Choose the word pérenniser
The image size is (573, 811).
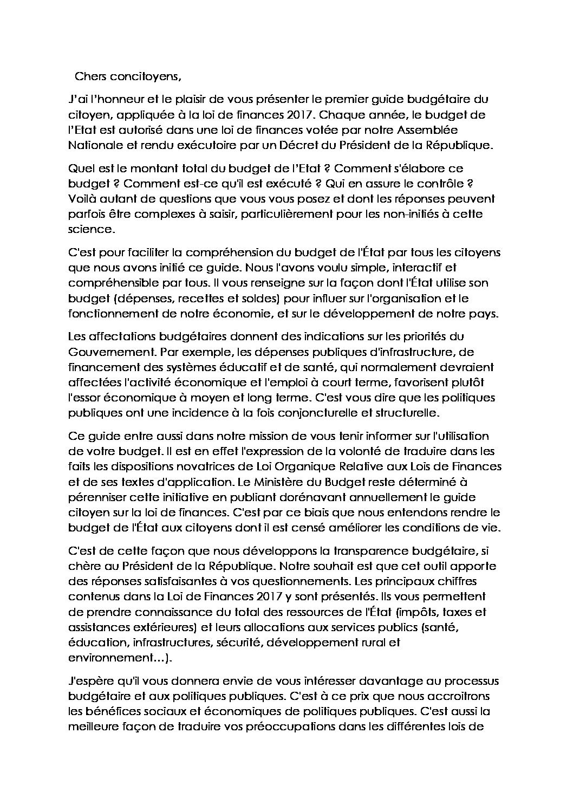[96, 497]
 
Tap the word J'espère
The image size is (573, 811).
[91, 680]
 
